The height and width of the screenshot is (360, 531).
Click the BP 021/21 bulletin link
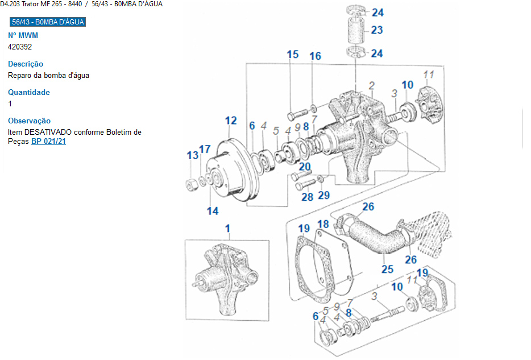click(48, 142)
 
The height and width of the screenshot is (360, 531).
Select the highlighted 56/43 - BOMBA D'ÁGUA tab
click(48, 22)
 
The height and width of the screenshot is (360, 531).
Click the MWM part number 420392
click(19, 47)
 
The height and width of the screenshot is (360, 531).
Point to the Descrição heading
click(26, 64)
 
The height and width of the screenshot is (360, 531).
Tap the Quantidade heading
click(29, 92)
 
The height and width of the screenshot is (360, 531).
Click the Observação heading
click(30, 121)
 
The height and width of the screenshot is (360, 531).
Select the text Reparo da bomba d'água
click(48, 75)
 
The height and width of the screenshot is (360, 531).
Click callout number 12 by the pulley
click(230, 121)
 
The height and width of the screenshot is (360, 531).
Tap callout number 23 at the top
click(377, 30)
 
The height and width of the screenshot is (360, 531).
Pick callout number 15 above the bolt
click(292, 55)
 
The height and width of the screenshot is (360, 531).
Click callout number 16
click(315, 56)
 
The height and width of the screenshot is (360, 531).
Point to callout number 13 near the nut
click(193, 155)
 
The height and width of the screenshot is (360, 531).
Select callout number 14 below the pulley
click(213, 211)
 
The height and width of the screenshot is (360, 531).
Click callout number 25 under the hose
click(387, 268)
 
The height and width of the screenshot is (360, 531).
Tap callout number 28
click(307, 197)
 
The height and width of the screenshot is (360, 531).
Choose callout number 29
click(323, 196)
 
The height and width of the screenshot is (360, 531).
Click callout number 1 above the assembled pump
click(228, 229)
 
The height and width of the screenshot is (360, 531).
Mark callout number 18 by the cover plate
click(323, 224)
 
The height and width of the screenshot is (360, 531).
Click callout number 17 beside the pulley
click(205, 150)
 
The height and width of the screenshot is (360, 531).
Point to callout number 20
click(305, 167)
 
